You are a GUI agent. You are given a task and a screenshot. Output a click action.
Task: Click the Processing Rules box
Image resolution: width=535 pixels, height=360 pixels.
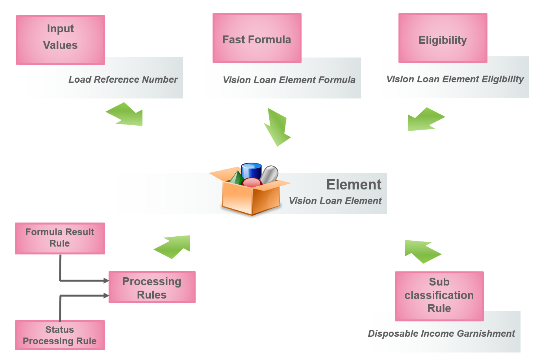click(x=151, y=287)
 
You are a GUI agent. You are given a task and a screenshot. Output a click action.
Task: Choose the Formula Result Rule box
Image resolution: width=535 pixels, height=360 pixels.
click(x=60, y=238)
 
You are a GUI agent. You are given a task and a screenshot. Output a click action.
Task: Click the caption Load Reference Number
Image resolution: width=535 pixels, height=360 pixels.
click(x=123, y=80)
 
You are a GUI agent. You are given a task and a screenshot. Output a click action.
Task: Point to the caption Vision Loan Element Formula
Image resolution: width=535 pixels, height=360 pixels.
click(x=288, y=80)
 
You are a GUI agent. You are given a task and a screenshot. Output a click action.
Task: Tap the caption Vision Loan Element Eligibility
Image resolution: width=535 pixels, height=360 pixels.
click(x=455, y=79)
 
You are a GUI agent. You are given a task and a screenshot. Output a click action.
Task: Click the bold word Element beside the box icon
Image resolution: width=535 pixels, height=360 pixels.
click(x=353, y=185)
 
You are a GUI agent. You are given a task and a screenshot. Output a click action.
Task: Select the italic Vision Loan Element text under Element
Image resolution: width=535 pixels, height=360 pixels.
click(x=335, y=201)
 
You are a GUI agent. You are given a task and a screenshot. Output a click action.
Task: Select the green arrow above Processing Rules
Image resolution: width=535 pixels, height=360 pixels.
click(x=171, y=243)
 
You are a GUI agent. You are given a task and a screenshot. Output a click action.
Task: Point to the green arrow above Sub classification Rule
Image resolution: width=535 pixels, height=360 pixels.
click(x=422, y=248)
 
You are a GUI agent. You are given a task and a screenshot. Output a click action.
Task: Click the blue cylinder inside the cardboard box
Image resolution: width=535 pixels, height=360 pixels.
click(x=252, y=172)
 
